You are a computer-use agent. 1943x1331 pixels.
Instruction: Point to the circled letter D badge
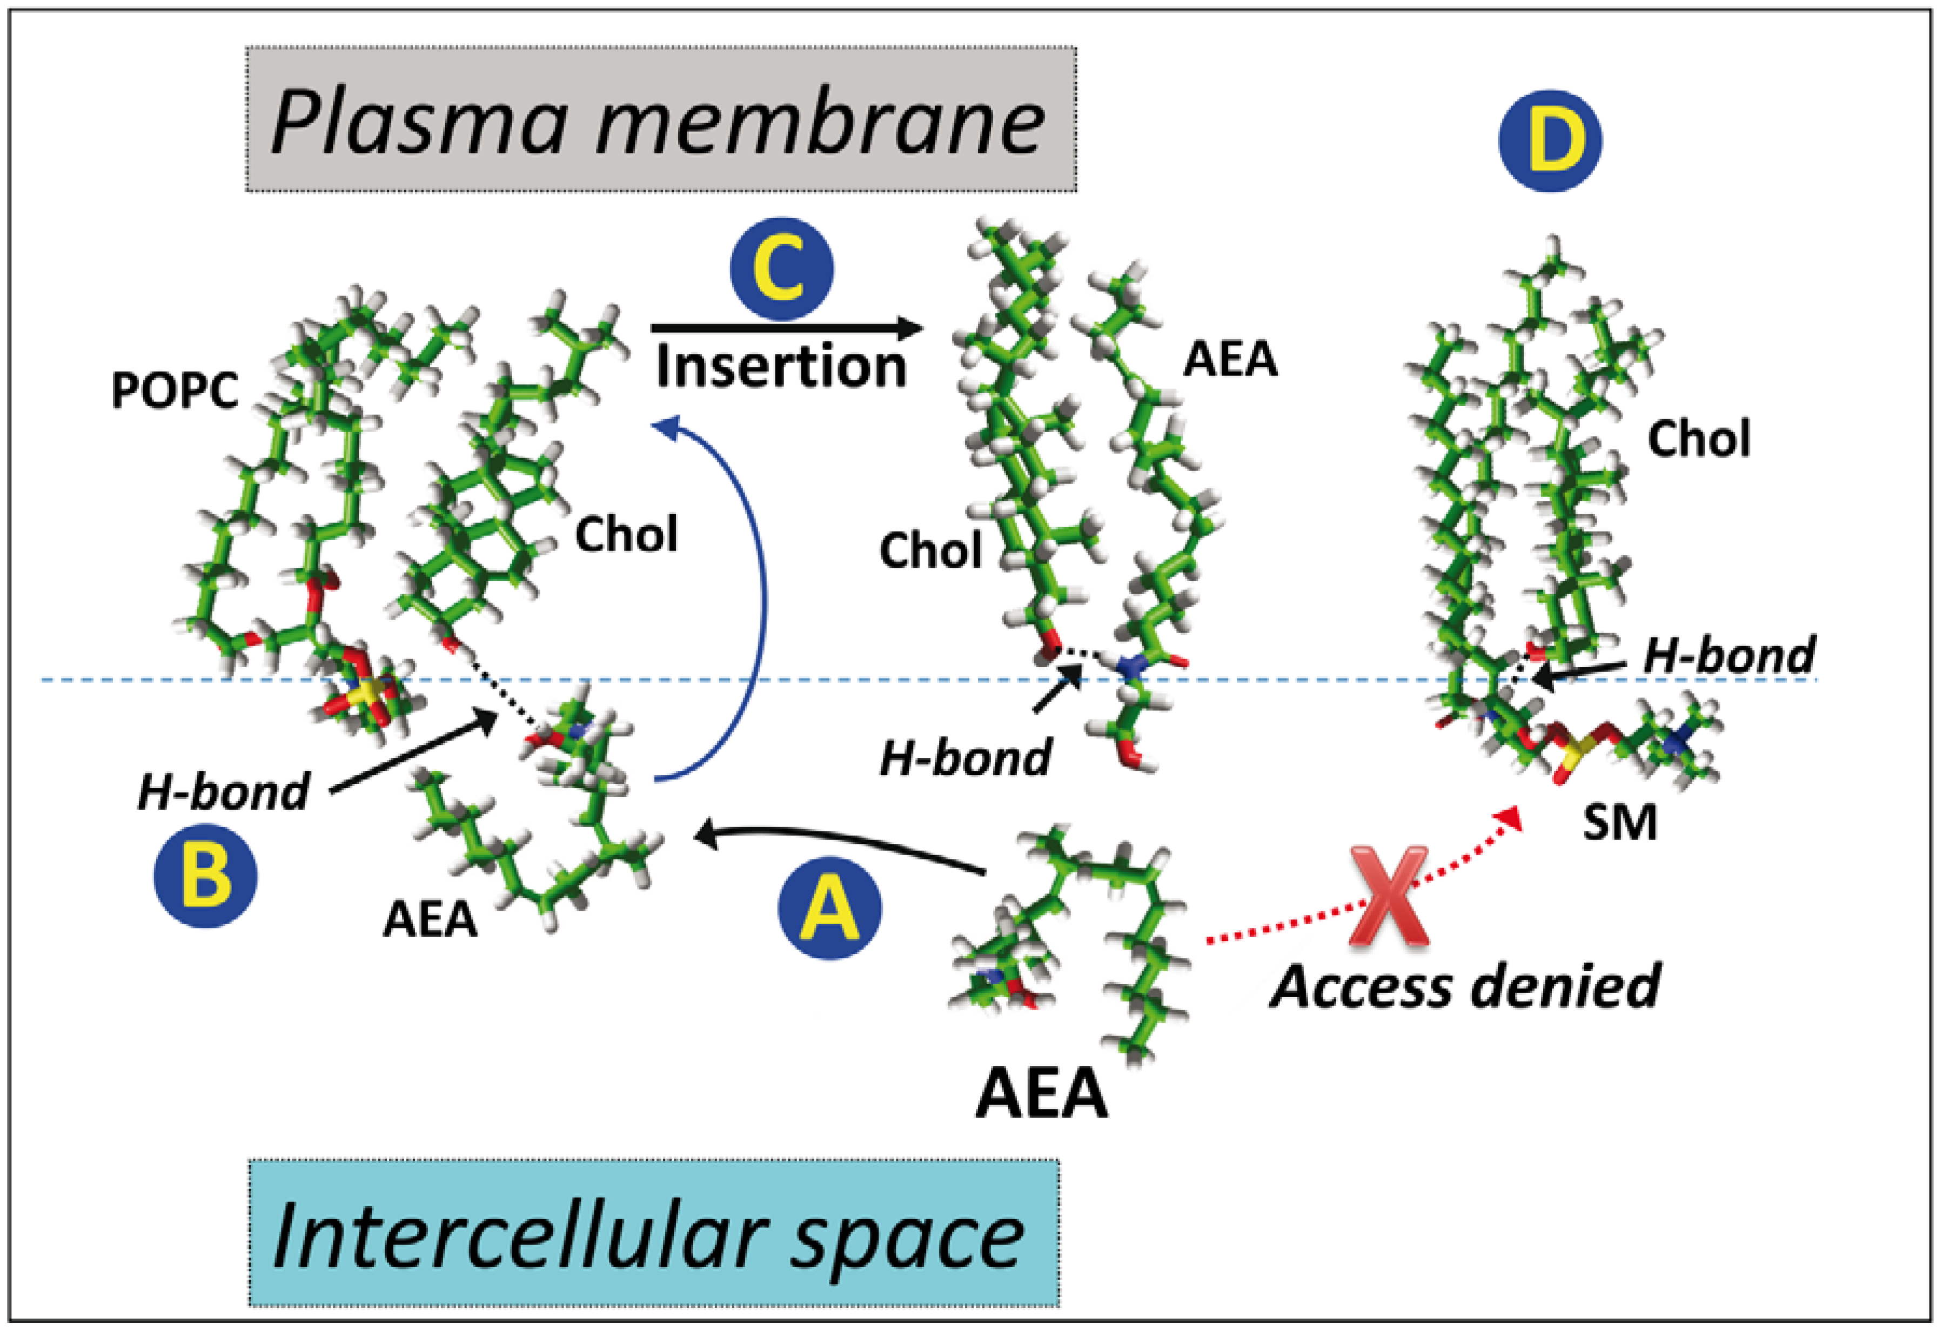coord(1549,140)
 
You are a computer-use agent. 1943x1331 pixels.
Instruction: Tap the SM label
coord(1619,823)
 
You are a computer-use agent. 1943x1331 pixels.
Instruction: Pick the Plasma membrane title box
coord(660,119)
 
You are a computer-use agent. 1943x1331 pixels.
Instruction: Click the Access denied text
coord(1465,986)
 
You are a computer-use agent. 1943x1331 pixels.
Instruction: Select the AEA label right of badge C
coord(1229,360)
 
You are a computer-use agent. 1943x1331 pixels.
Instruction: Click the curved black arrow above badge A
coord(836,840)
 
